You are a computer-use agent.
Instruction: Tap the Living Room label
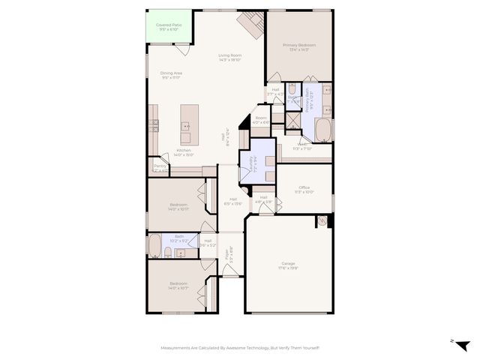(229, 55)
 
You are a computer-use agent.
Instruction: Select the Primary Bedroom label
(299, 46)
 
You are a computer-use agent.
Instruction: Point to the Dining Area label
(171, 73)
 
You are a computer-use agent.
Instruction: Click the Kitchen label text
(184, 151)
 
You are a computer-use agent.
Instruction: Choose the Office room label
(304, 187)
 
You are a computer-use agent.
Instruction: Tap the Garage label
(288, 263)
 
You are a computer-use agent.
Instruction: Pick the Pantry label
(160, 166)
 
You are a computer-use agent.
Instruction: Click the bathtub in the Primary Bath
(323, 130)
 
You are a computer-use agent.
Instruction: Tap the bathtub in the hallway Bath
(154, 245)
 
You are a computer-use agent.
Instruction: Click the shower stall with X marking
(278, 118)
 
